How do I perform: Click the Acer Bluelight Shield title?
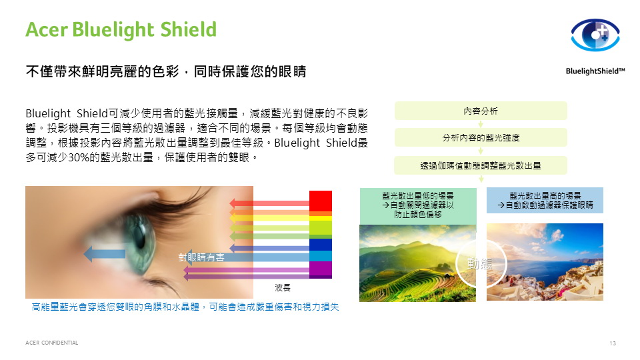tap(121, 29)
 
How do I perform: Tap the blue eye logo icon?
tap(595, 35)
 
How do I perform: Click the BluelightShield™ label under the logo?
tap(595, 71)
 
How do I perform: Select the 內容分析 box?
tap(481, 111)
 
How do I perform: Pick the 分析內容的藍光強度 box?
tap(481, 137)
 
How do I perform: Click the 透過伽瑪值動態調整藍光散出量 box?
tap(481, 165)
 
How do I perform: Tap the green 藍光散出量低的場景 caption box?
tap(418, 206)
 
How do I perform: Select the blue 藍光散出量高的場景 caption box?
tap(545, 200)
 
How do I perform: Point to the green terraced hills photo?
tap(417, 263)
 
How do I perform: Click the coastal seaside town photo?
tap(545, 262)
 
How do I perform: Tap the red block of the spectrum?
tap(321, 201)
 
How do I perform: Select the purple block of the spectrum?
tap(321, 269)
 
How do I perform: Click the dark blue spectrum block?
tap(321, 245)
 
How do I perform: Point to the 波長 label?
tap(283, 288)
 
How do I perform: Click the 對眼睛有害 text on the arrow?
tap(201, 257)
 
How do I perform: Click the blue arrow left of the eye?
tap(105, 254)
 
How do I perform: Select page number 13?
tap(612, 343)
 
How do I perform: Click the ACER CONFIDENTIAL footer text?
tap(52, 343)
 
